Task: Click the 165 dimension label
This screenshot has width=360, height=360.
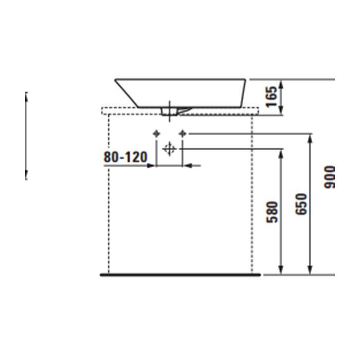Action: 271,97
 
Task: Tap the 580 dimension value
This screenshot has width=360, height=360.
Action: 272,212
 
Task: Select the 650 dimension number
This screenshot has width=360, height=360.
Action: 301,204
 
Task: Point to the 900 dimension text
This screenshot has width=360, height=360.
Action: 330,177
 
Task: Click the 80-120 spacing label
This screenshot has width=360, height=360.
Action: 125,157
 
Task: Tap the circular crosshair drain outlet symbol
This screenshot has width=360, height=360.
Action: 169,149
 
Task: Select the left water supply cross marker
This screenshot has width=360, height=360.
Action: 156,133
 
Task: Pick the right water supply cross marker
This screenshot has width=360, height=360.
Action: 183,133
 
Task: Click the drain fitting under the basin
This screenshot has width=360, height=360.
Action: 169,112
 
